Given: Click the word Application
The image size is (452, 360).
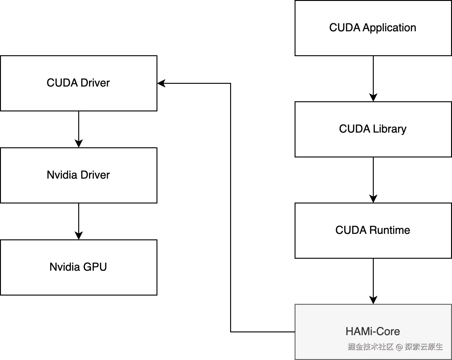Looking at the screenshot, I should point(389,28).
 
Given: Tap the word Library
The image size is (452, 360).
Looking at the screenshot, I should point(389,129).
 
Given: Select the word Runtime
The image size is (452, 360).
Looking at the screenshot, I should point(390,230).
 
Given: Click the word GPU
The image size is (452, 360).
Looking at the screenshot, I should point(95,267).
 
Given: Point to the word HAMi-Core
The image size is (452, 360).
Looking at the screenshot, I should point(373,331).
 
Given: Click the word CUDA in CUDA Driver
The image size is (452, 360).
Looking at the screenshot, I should point(62,83).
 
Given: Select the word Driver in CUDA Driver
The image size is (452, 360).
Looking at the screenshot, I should point(95,83).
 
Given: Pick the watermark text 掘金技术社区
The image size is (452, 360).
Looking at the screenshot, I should point(370,347).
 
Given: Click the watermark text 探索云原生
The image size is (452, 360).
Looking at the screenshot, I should point(424,347).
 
